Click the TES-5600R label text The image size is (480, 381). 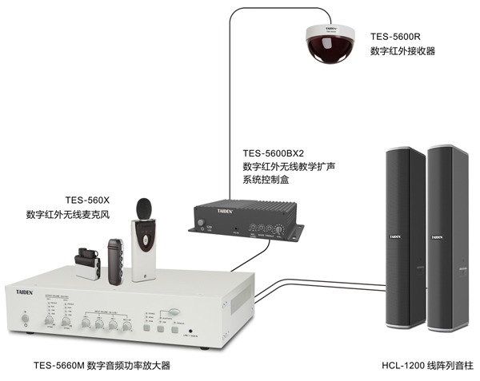(x=395, y=36)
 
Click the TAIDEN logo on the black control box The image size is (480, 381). (x=207, y=209)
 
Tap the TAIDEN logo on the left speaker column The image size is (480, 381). (x=395, y=236)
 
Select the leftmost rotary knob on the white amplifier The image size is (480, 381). (x=86, y=323)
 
